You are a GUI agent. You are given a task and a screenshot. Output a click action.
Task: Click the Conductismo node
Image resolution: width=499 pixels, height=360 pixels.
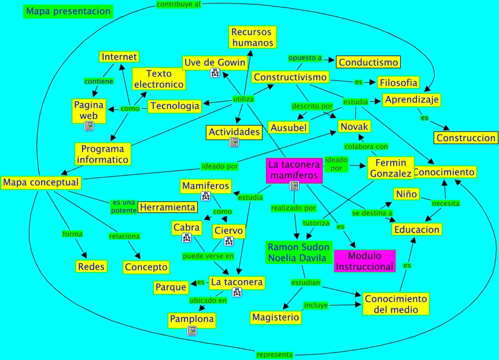[368, 62]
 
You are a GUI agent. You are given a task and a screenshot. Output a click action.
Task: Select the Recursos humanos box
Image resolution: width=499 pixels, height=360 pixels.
[252, 37]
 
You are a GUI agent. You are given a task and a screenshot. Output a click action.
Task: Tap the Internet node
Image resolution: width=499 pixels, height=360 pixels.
[119, 57]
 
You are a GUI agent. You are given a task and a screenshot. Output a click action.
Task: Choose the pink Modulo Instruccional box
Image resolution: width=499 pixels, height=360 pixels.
[364, 261]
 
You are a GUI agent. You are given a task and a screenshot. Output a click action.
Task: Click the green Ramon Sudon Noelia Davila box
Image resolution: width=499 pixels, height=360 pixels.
[298, 253]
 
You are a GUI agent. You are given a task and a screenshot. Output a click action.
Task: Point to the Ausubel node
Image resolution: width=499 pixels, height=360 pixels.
[288, 127]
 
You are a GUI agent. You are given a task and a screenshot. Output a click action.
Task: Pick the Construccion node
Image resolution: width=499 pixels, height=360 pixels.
[466, 138]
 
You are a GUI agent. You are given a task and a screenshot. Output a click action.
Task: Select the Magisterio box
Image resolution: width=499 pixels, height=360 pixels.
[276, 317]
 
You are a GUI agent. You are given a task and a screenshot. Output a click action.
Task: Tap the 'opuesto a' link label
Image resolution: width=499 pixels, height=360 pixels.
[305, 58]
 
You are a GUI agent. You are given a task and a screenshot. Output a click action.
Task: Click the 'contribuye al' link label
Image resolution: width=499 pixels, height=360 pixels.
[179, 4]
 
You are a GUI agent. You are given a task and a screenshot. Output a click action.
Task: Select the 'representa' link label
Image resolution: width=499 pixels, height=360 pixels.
[275, 354]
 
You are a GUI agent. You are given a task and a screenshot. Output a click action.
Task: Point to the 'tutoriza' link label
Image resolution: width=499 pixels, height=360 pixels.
[316, 222]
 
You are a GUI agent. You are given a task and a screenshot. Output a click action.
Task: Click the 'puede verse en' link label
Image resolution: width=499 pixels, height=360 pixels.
[208, 255]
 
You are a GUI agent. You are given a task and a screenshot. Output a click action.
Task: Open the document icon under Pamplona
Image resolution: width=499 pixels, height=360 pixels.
[192, 330]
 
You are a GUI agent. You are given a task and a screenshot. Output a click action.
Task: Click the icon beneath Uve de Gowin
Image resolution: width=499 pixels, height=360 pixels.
[215, 73]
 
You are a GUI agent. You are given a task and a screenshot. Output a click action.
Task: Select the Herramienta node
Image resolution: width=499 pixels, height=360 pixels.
[168, 207]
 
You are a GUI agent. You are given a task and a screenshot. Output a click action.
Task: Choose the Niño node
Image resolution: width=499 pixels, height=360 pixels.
[406, 194]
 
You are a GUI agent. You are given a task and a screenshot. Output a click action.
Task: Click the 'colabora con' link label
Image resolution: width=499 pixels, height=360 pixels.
[366, 146]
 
